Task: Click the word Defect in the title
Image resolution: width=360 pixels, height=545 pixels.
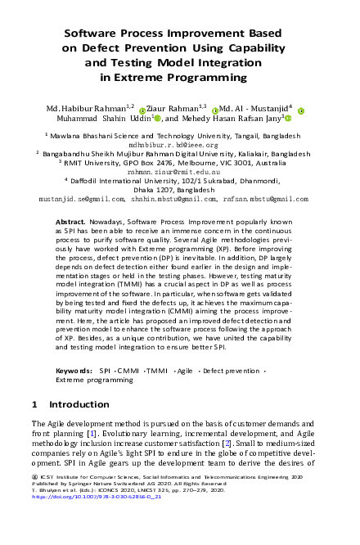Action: click(x=102, y=48)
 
